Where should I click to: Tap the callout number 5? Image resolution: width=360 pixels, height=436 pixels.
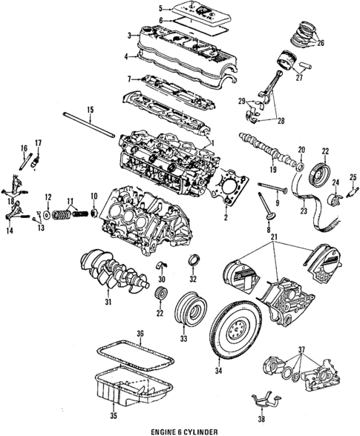160,9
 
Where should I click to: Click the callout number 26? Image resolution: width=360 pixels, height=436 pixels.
320,42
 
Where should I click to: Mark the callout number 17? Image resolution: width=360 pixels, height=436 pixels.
38,142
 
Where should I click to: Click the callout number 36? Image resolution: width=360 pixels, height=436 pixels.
140,335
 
